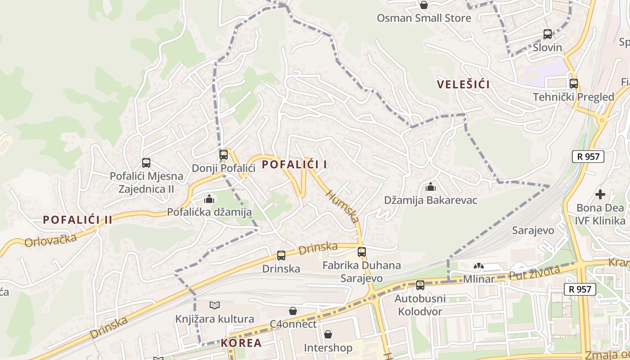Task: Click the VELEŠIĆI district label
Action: [463, 84]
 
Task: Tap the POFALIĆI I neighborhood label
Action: [295, 165]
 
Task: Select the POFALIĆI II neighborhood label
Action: [77, 220]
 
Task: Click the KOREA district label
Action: [241, 343]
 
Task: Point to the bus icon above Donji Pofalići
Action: [224, 155]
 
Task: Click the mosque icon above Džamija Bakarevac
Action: [431, 186]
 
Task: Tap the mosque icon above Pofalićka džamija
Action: [209, 198]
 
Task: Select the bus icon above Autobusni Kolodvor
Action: [420, 285]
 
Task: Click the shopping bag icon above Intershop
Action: [328, 334]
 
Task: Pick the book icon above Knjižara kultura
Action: [215, 306]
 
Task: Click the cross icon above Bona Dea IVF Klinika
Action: [600, 194]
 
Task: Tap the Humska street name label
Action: [342, 207]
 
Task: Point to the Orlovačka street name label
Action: [50, 240]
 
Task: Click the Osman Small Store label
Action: [424, 18]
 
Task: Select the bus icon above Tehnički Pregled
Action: [574, 83]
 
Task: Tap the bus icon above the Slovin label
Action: [548, 34]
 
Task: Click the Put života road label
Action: [534, 273]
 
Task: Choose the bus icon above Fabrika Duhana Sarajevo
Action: [362, 252]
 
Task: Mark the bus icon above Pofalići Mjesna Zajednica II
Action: [146, 163]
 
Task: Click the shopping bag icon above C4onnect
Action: [293, 310]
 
